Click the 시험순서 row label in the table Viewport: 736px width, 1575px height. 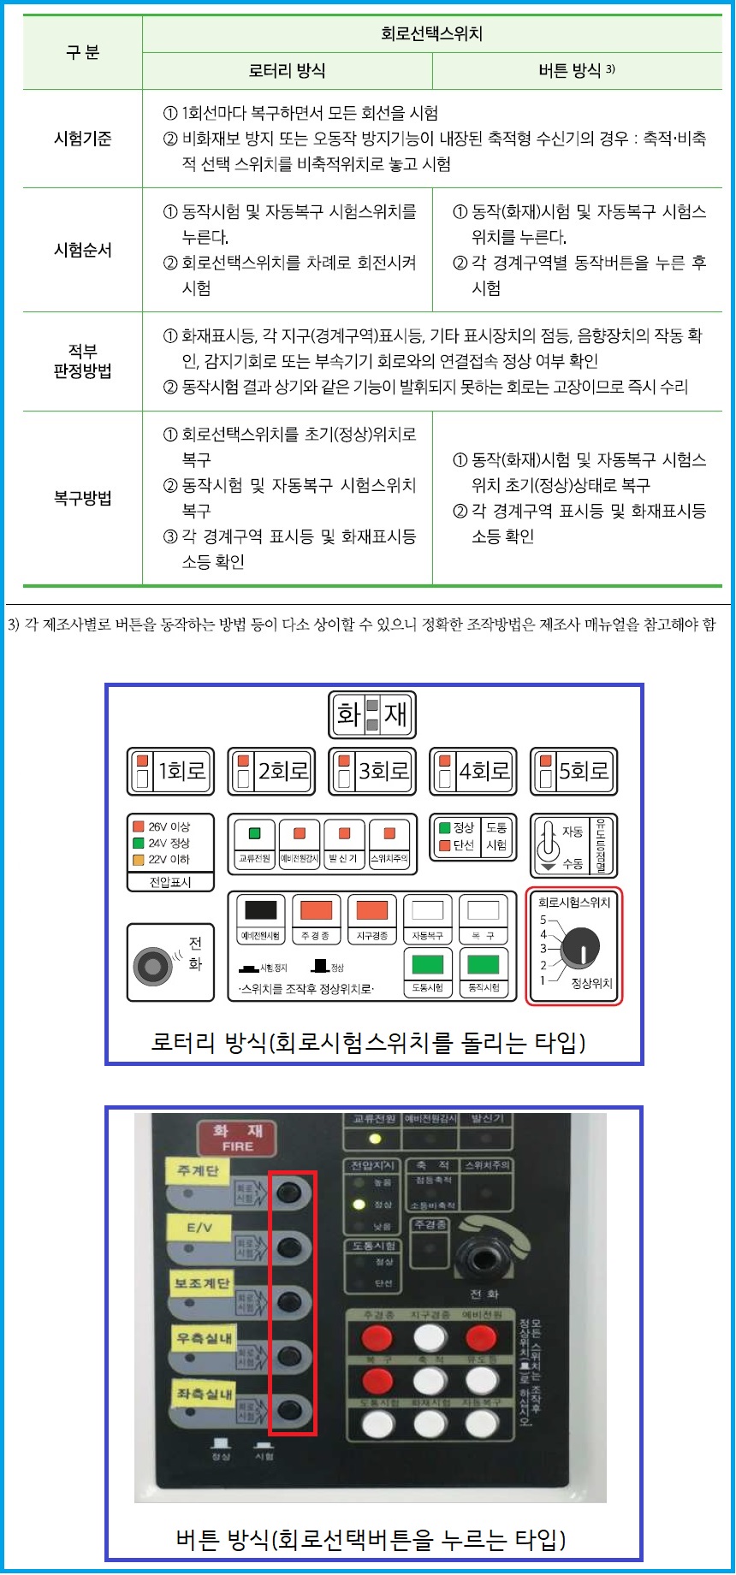82,250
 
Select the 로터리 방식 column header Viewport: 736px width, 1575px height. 287,71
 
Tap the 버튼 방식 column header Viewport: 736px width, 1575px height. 576,71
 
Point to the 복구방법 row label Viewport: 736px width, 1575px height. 82,498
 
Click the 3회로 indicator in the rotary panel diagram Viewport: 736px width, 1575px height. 373,771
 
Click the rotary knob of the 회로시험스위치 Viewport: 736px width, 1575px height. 581,946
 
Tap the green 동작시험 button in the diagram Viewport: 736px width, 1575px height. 483,965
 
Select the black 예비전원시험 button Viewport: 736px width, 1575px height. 260,910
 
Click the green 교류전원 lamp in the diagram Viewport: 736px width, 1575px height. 254,833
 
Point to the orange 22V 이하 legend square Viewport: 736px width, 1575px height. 138,859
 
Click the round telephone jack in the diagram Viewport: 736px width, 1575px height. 153,966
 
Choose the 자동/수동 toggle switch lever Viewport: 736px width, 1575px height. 548,844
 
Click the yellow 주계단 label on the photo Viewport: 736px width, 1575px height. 198,1170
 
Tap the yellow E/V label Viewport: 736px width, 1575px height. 199,1227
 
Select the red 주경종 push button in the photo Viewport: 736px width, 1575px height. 377,1337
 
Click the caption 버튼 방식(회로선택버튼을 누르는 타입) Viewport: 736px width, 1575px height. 371,1538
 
